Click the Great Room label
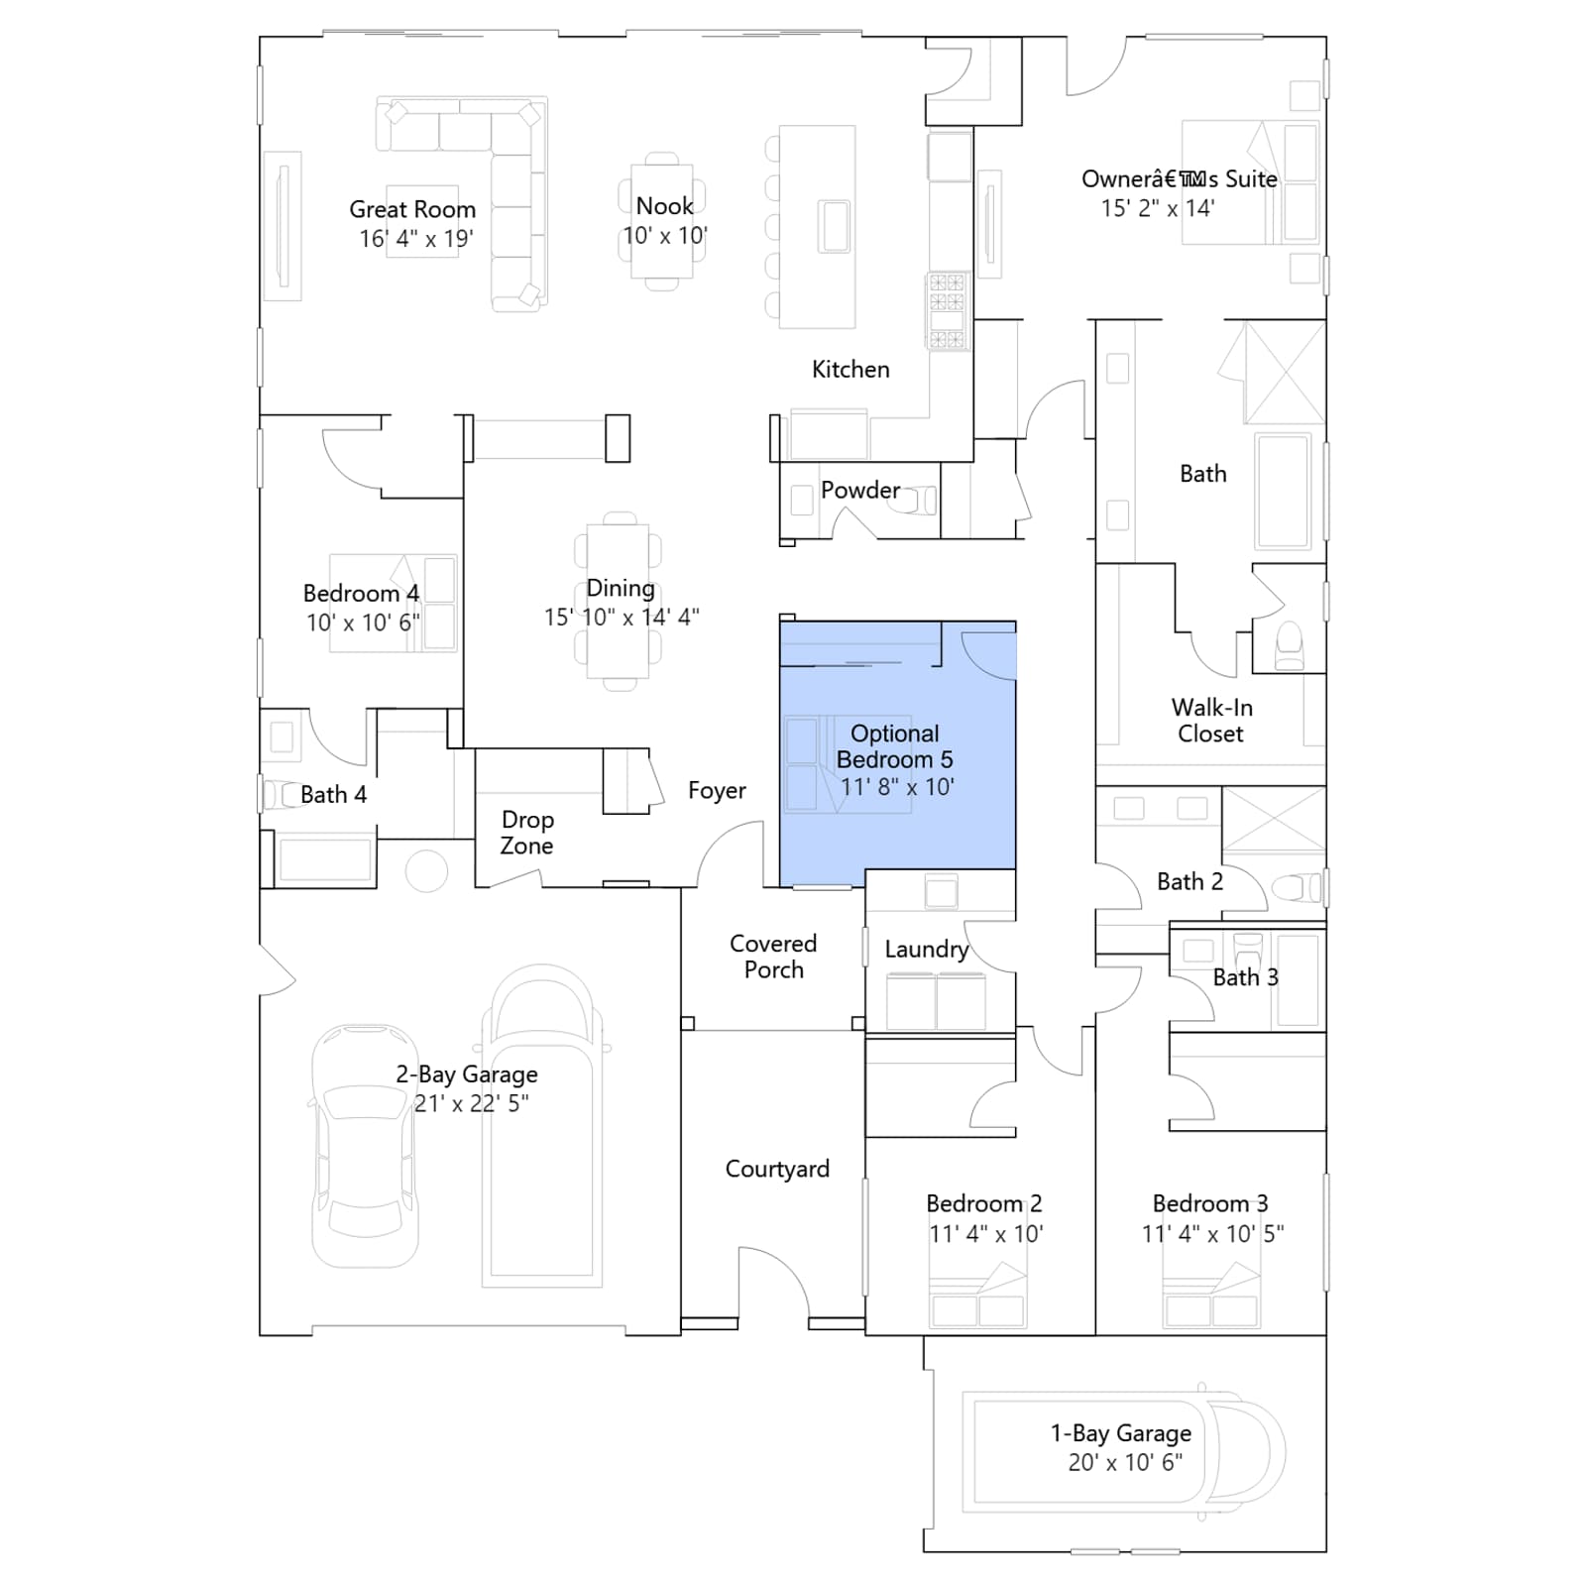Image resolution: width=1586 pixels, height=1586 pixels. (x=412, y=209)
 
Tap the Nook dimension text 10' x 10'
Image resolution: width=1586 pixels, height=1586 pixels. (x=665, y=236)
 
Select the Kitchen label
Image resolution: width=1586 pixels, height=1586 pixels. (x=850, y=370)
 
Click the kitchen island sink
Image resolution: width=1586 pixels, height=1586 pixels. (x=835, y=226)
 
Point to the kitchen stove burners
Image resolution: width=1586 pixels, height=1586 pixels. (x=947, y=311)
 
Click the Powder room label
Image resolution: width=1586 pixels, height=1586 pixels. (x=860, y=490)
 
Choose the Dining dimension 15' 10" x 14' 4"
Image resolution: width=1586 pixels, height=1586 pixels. (x=622, y=617)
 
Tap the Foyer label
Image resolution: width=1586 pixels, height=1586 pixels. (x=717, y=790)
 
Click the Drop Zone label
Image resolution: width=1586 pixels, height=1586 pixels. (x=526, y=833)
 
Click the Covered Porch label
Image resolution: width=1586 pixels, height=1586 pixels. (x=773, y=957)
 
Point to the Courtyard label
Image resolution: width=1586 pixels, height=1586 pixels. (x=777, y=1170)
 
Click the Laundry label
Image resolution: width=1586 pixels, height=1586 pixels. (x=927, y=950)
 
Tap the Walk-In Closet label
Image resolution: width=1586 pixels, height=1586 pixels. (x=1211, y=721)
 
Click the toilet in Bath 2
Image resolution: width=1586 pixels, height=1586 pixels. (x=1297, y=887)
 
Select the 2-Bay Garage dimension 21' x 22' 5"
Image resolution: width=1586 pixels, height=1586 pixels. (x=472, y=1103)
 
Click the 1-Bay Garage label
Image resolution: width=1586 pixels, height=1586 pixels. (x=1121, y=1433)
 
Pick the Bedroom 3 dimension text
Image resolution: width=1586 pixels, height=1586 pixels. (x=1213, y=1234)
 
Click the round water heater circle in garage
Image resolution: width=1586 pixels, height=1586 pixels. (x=426, y=871)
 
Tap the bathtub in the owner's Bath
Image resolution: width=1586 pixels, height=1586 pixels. (x=1283, y=491)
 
